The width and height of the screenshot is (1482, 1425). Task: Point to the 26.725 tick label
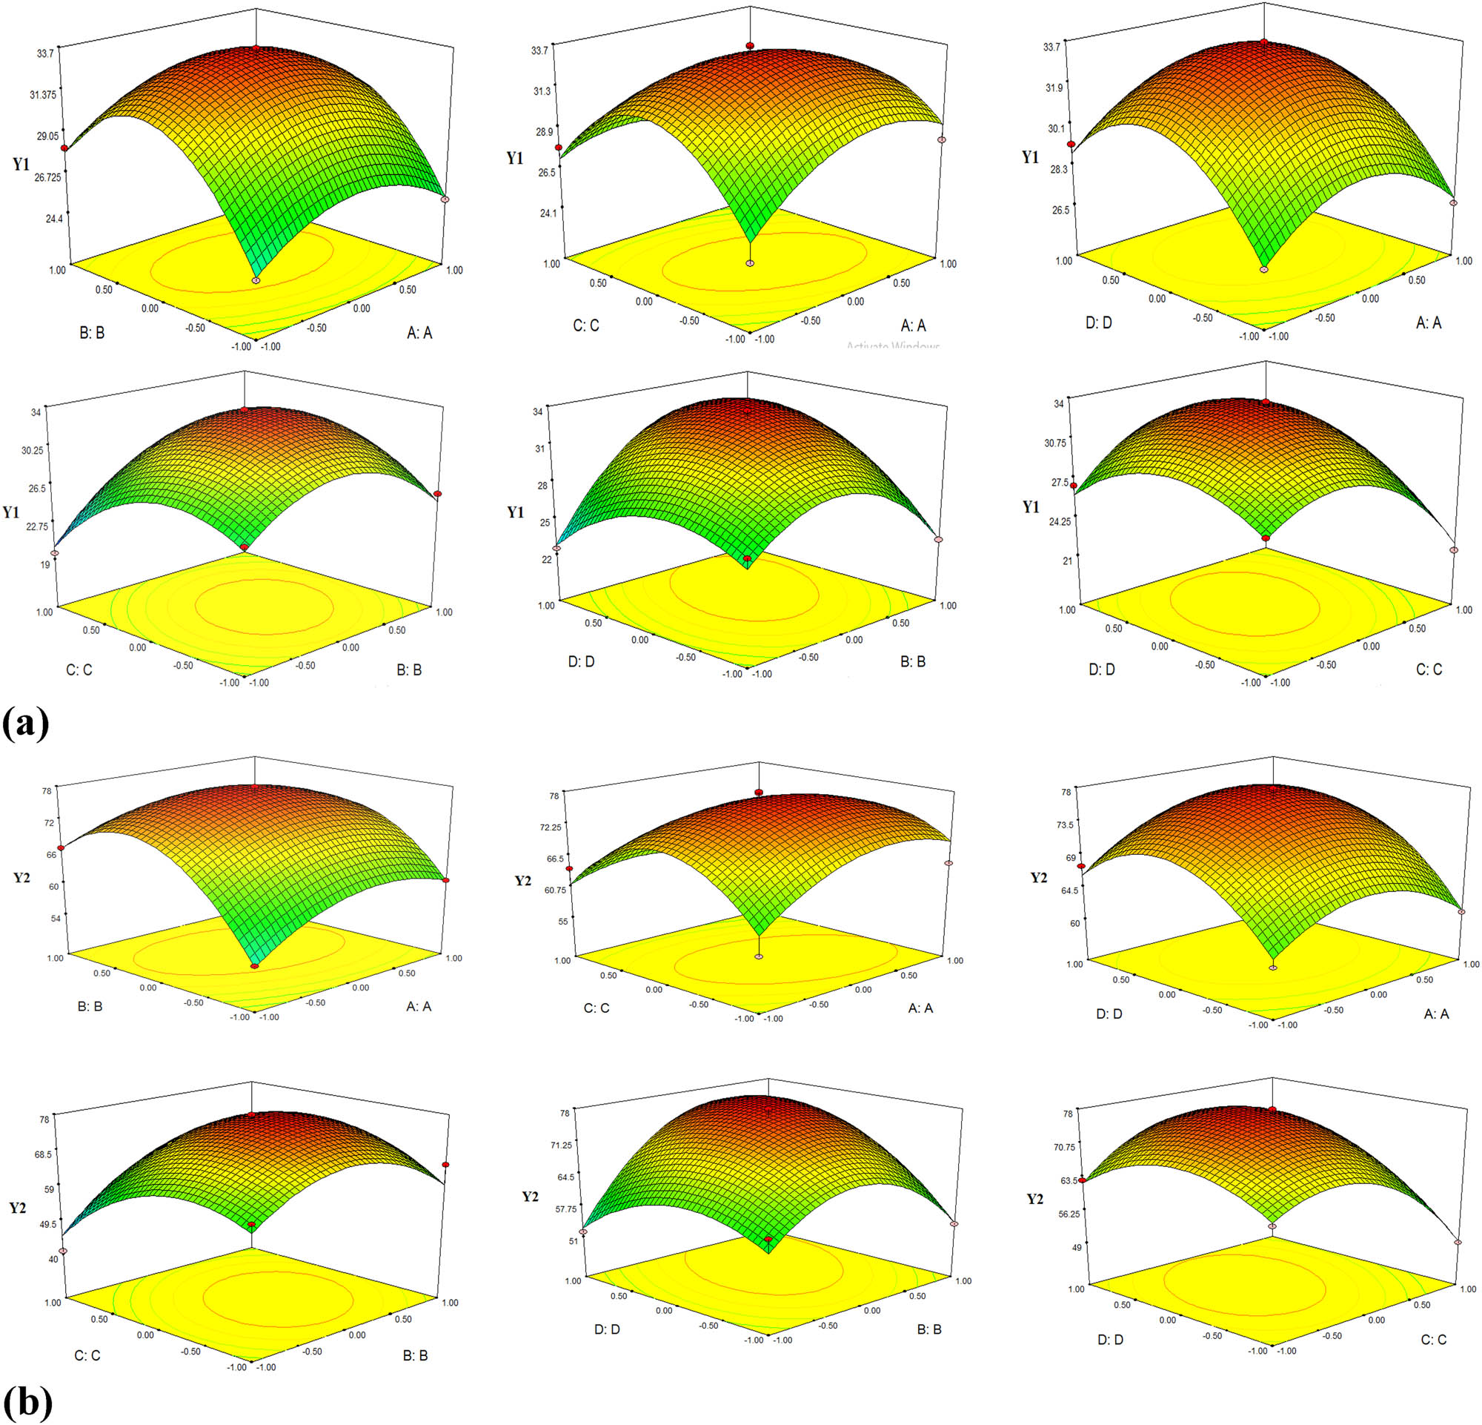pyautogui.click(x=41, y=177)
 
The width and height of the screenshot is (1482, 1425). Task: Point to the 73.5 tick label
pyautogui.click(x=1065, y=824)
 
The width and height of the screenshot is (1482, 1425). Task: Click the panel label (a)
pyautogui.click(x=26, y=724)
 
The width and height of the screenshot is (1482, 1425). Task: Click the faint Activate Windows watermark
pyautogui.click(x=892, y=346)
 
